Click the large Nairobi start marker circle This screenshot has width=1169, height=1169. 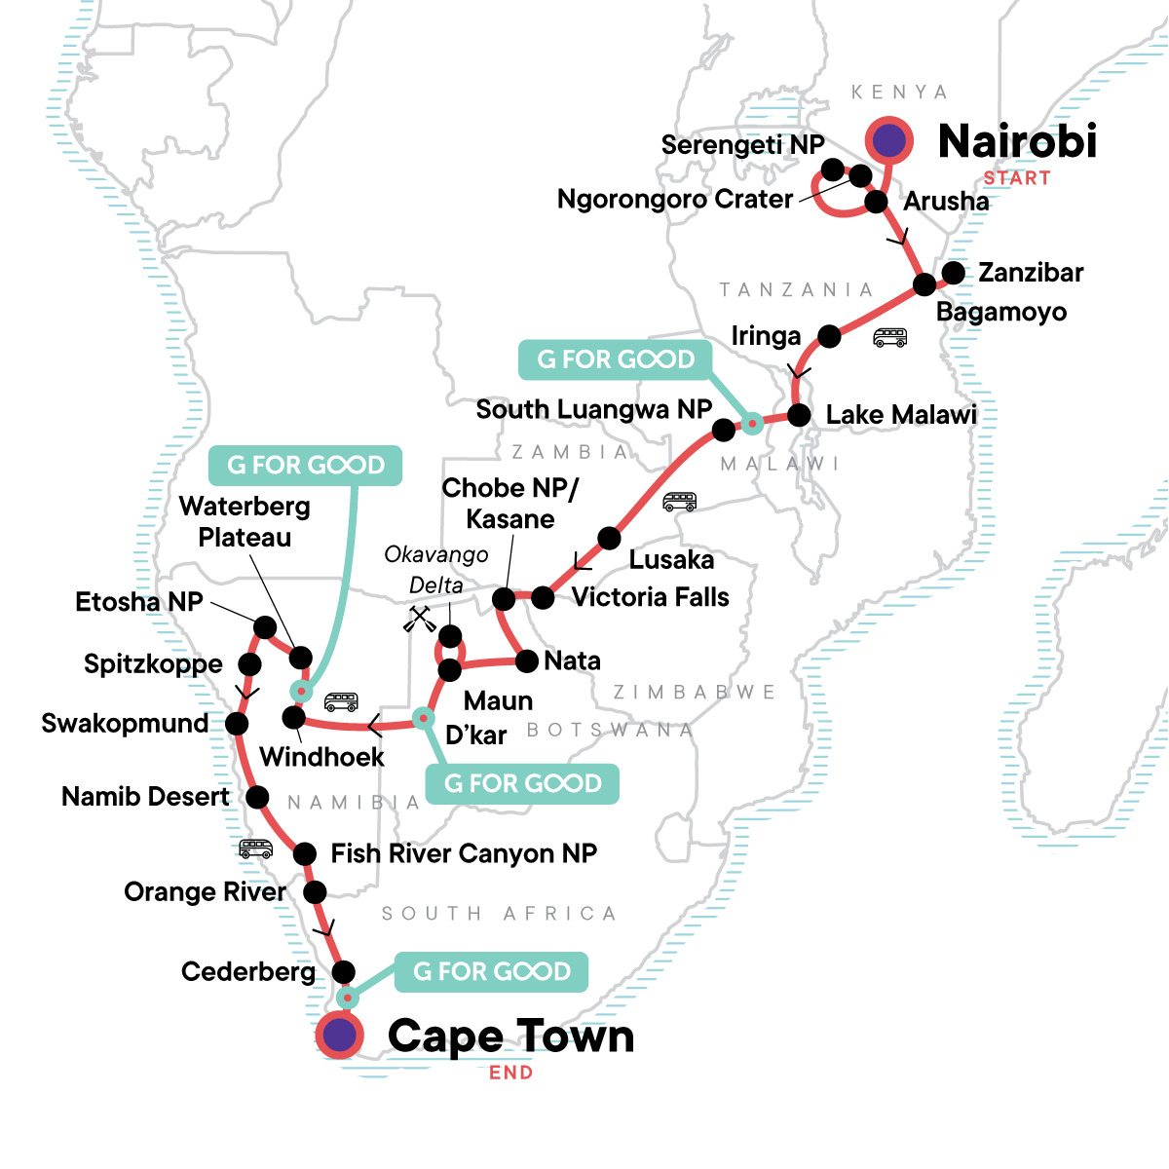point(888,141)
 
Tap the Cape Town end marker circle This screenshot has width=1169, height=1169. point(339,1035)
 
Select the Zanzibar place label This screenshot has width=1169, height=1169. point(1031,273)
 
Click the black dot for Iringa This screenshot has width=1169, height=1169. point(829,336)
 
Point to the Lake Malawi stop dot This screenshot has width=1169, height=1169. point(799,415)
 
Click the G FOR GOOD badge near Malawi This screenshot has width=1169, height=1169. point(616,359)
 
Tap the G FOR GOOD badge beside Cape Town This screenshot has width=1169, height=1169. point(492,971)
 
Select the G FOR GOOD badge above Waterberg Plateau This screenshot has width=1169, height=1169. point(306,466)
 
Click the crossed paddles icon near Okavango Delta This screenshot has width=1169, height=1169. point(420,620)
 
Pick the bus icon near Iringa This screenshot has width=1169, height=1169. point(890,338)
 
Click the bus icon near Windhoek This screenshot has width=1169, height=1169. point(341,701)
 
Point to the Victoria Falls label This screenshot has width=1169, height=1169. point(650,597)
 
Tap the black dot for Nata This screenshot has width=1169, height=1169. point(526,661)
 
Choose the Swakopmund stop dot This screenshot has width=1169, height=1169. point(237,724)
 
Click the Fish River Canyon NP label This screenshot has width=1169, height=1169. point(464,854)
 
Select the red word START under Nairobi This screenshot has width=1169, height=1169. point(1016,178)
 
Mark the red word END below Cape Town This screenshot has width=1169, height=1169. point(510,1073)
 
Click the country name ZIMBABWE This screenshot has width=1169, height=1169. point(695,693)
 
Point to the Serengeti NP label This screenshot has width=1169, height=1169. point(742,145)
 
